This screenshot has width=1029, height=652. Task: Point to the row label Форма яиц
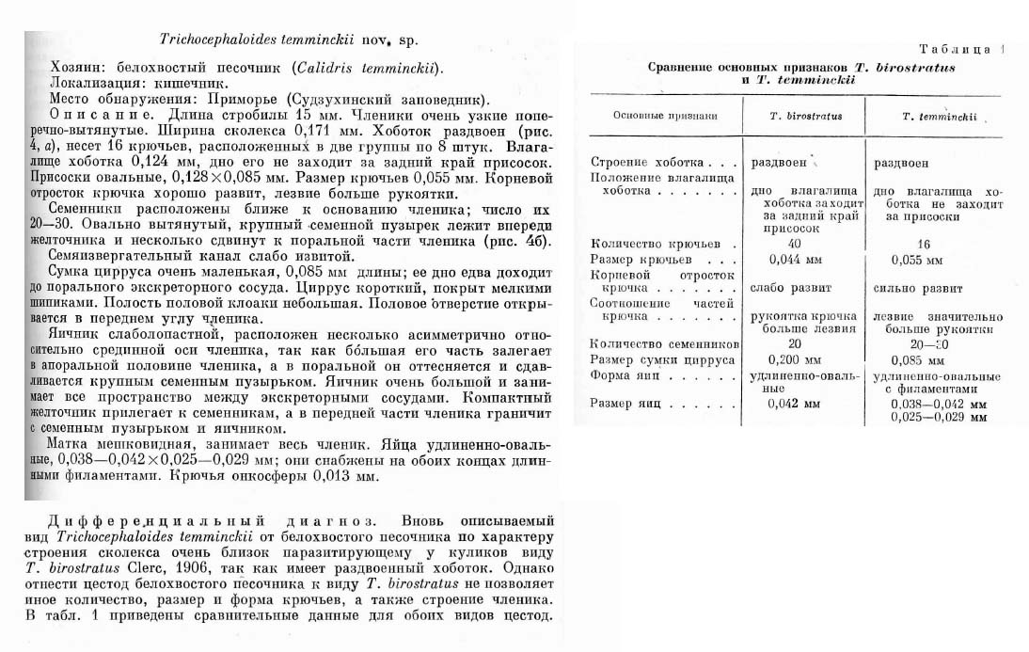tap(621, 374)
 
